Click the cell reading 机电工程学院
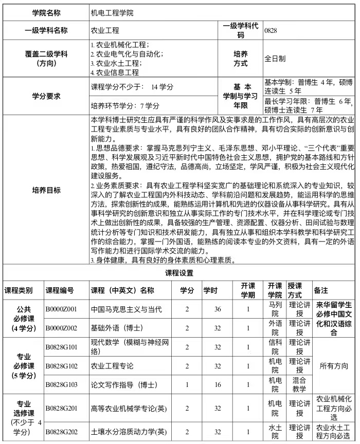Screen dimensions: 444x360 pyautogui.click(x=112, y=13)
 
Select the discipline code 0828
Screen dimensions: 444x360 pyautogui.click(x=271, y=30)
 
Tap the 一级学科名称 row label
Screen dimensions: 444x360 pyautogui.click(x=46, y=30)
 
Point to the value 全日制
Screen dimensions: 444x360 pyautogui.click(x=275, y=59)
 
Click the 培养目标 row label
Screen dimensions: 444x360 pyautogui.click(x=46, y=189)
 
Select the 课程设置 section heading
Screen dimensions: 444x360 pyautogui.click(x=179, y=272)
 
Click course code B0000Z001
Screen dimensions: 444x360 pyautogui.click(x=61, y=309)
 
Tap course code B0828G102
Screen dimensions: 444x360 pyautogui.click(x=61, y=366)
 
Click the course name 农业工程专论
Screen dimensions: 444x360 pyautogui.click(x=112, y=366)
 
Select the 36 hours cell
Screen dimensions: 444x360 pyautogui.click(x=218, y=309)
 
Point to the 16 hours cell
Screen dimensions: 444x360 pyautogui.click(x=218, y=384)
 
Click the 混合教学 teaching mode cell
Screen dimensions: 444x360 pyautogui.click(x=299, y=384)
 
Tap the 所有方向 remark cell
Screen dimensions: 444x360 pyautogui.click(x=334, y=366)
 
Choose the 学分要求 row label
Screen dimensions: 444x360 pyautogui.click(x=46, y=96)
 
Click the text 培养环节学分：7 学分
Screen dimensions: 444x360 pyautogui.click(x=125, y=106)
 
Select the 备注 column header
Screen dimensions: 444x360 pyautogui.click(x=321, y=290)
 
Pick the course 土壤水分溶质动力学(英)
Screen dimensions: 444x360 pyautogui.click(x=129, y=431)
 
